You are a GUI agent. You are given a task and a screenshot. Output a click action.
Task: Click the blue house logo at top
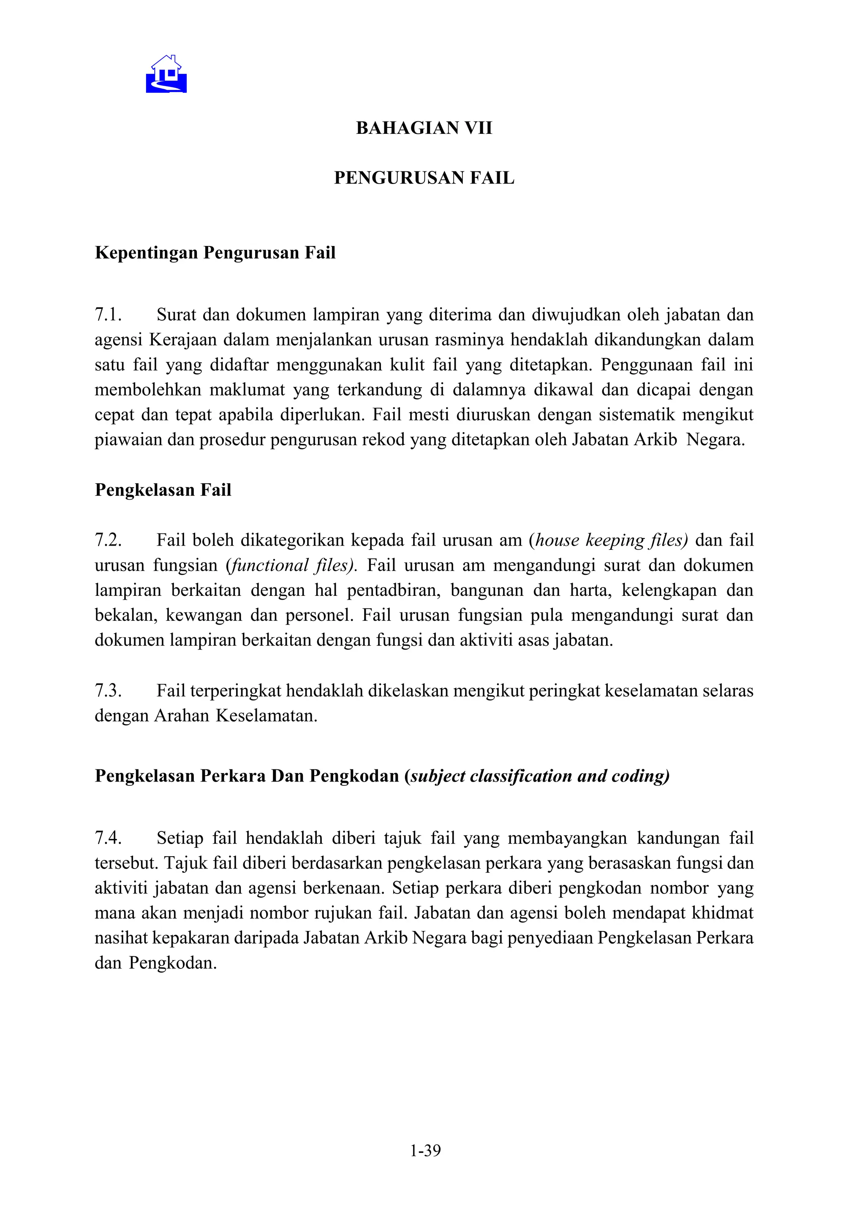tap(166, 75)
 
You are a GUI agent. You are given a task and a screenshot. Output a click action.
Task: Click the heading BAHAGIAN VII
tap(424, 128)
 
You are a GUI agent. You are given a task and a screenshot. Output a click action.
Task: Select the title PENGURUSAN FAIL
tap(424, 178)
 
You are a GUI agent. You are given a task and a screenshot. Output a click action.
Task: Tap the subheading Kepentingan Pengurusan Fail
tap(215, 252)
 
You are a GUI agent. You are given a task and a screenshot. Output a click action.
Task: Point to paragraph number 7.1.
tap(108, 315)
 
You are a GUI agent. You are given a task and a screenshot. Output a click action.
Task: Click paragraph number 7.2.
tap(108, 540)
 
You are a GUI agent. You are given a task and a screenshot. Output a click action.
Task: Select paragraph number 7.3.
tap(108, 691)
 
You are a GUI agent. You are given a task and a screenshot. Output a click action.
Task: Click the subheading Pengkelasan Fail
tap(163, 490)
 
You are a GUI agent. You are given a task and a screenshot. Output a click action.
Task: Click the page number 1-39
tap(425, 1151)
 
